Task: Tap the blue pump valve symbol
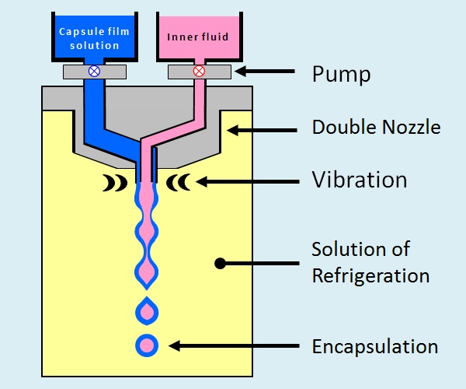[94, 71]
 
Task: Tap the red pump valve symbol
[198, 71]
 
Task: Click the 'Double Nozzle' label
[376, 126]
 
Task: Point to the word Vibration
[359, 180]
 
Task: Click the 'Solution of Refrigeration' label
[370, 263]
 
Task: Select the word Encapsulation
[374, 346]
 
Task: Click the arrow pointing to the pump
[265, 72]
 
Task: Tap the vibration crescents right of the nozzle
[179, 183]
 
